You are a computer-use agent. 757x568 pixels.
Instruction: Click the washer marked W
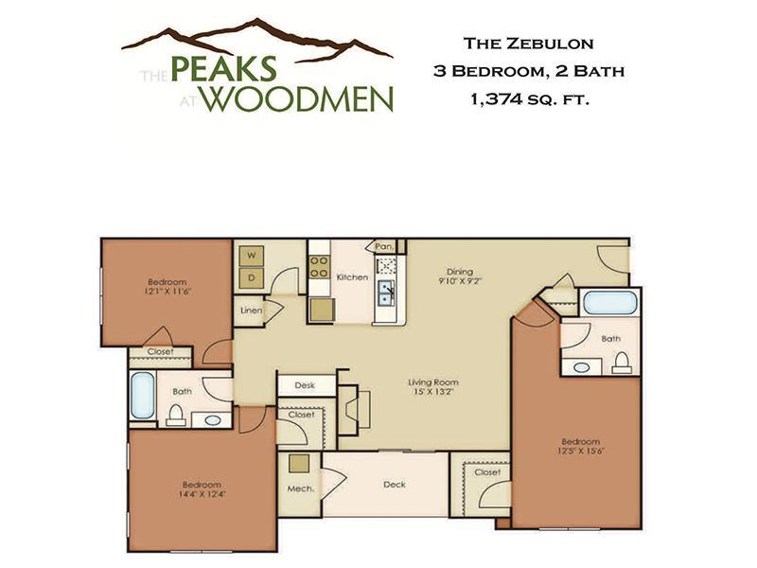[252, 256]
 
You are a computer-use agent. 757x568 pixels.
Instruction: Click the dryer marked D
[252, 277]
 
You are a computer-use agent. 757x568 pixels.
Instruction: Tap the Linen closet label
[251, 311]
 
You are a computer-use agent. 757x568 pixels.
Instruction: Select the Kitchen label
[352, 277]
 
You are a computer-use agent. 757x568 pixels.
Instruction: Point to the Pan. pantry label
[385, 246]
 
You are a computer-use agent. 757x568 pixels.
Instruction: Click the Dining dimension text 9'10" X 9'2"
[460, 281]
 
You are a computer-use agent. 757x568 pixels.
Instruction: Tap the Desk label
[305, 385]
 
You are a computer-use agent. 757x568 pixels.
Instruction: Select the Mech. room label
[300, 489]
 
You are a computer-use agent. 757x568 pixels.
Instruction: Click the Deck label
[395, 485]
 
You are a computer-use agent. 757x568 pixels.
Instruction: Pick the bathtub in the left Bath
[142, 396]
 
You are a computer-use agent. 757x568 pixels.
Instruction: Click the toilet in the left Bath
[176, 414]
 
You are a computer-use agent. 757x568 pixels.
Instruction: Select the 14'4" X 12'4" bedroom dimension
[192, 493]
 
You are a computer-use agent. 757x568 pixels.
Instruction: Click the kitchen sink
[387, 292]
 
